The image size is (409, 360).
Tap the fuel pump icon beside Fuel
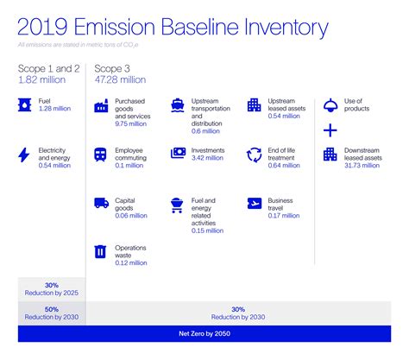(23, 104)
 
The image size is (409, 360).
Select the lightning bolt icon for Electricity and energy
(23, 155)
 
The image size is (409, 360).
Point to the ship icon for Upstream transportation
(178, 104)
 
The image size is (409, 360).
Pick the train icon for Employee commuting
(100, 155)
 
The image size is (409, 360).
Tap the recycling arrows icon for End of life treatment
(255, 155)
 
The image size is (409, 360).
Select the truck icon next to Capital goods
(100, 204)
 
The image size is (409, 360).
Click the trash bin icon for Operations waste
(100, 252)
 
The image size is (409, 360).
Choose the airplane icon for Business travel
(255, 204)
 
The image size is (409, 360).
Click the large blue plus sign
(330, 130)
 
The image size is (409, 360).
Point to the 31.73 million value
(362, 166)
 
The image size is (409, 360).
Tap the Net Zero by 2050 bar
(204, 333)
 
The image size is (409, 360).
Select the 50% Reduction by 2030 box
(52, 313)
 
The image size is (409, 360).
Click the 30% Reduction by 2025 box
(52, 289)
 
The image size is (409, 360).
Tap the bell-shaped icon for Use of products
(330, 104)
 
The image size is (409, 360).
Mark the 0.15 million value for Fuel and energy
(208, 231)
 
